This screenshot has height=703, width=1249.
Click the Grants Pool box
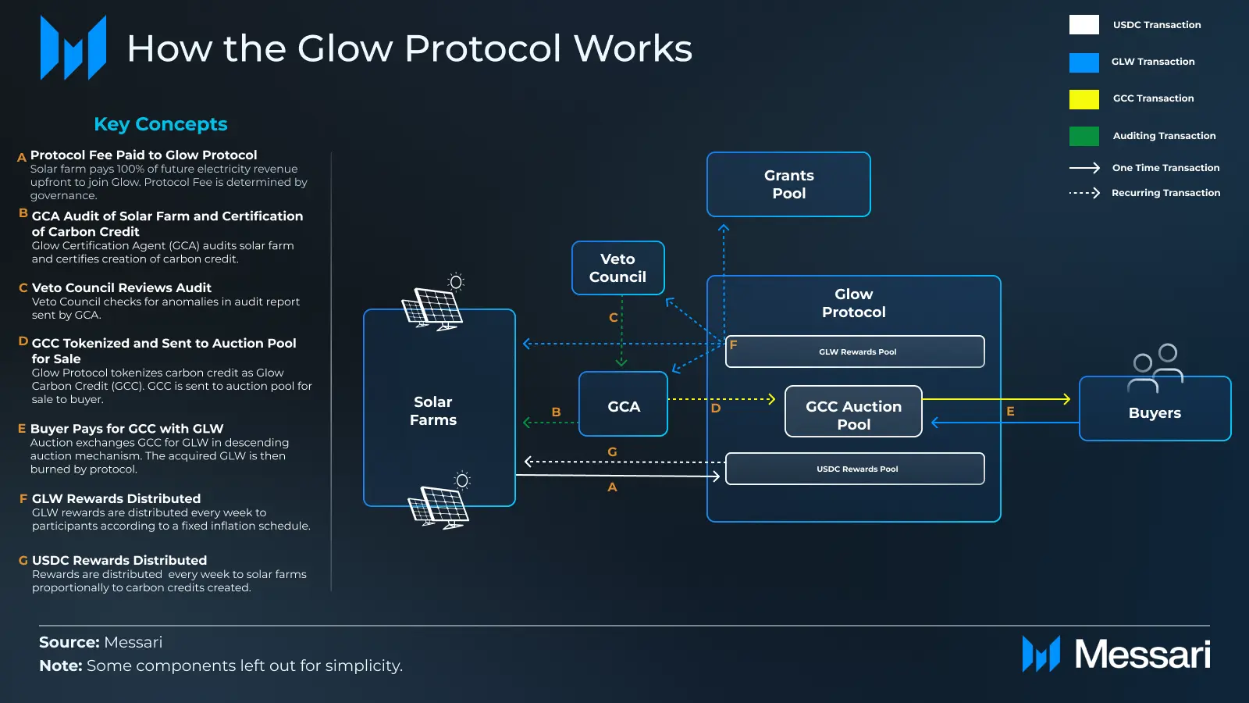(x=788, y=184)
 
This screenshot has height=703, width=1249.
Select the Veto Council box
(x=617, y=268)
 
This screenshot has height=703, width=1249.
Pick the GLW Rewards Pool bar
(x=855, y=352)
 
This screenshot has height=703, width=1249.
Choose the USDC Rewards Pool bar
(x=855, y=469)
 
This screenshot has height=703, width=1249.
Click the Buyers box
(x=1155, y=412)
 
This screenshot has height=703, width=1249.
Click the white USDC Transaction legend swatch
(x=1084, y=25)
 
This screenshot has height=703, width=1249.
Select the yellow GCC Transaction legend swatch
(x=1084, y=99)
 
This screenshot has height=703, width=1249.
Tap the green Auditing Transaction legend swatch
(x=1084, y=136)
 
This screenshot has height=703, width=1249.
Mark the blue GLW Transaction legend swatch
(x=1084, y=62)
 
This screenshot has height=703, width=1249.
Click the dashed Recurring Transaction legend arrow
(x=1084, y=193)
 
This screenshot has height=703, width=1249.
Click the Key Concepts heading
(x=161, y=124)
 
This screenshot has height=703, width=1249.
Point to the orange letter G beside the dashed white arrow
(x=612, y=451)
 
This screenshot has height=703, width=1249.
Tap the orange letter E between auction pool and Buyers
(x=1010, y=412)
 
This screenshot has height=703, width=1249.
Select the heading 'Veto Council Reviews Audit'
(x=122, y=287)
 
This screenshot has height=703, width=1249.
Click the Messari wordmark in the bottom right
(x=1142, y=655)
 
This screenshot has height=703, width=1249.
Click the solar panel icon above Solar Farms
(x=432, y=306)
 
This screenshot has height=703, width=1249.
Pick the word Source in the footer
(x=69, y=642)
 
